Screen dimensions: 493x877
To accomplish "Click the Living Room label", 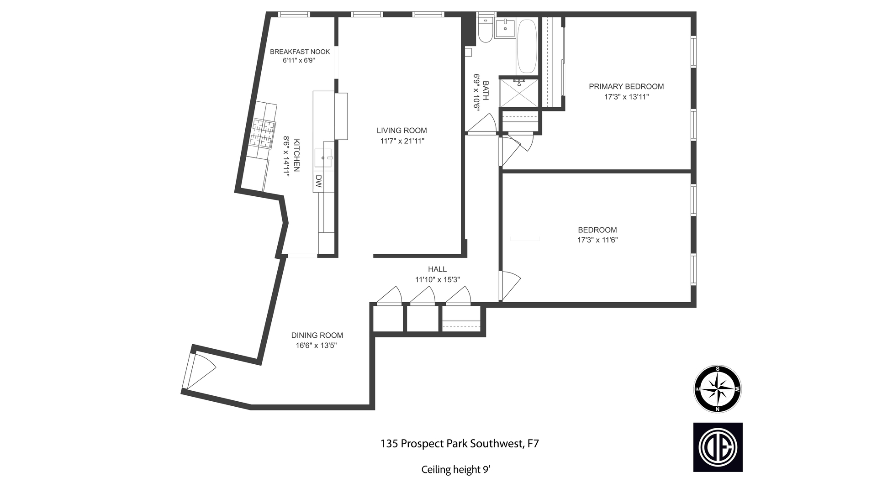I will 402,131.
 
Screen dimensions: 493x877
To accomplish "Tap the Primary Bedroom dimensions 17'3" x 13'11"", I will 626,97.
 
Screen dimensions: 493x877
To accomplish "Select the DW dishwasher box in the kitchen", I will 318,182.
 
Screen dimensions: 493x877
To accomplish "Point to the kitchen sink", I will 324,158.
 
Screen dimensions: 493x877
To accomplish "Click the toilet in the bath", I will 485,31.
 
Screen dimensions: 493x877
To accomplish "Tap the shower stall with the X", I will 519,93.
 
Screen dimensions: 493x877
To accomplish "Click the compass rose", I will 718,389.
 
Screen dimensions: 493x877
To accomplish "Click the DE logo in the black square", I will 718,447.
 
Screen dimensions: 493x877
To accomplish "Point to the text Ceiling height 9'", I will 455,469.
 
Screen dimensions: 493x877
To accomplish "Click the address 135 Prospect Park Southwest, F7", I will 460,443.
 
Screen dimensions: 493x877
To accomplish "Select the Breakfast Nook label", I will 300,52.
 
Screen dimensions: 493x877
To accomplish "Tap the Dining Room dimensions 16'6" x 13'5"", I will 316,346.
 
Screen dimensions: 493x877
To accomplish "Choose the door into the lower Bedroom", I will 509,285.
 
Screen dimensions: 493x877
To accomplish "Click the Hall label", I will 437,269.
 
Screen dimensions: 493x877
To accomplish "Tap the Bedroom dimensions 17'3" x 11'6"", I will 597,240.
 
